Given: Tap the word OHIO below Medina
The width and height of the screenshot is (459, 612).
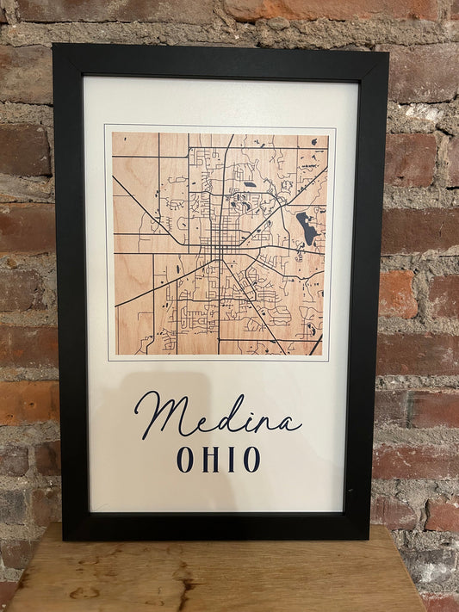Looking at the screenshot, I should point(218,460).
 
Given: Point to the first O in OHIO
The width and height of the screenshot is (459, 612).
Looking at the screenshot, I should point(185,460).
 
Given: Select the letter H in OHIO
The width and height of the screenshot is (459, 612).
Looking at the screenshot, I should point(209,460).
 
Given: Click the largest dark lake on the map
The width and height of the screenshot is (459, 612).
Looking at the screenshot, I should point(306,227).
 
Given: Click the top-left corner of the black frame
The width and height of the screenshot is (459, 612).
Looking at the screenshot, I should point(54,46).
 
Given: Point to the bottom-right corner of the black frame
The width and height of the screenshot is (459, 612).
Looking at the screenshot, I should point(369,539).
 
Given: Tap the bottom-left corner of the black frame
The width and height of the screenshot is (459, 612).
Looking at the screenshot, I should point(64,540).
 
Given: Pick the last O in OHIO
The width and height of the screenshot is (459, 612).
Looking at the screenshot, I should point(251,460).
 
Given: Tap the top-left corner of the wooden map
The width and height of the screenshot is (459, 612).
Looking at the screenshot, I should point(113,133).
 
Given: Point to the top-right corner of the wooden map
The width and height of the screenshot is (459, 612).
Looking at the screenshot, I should point(327,133).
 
